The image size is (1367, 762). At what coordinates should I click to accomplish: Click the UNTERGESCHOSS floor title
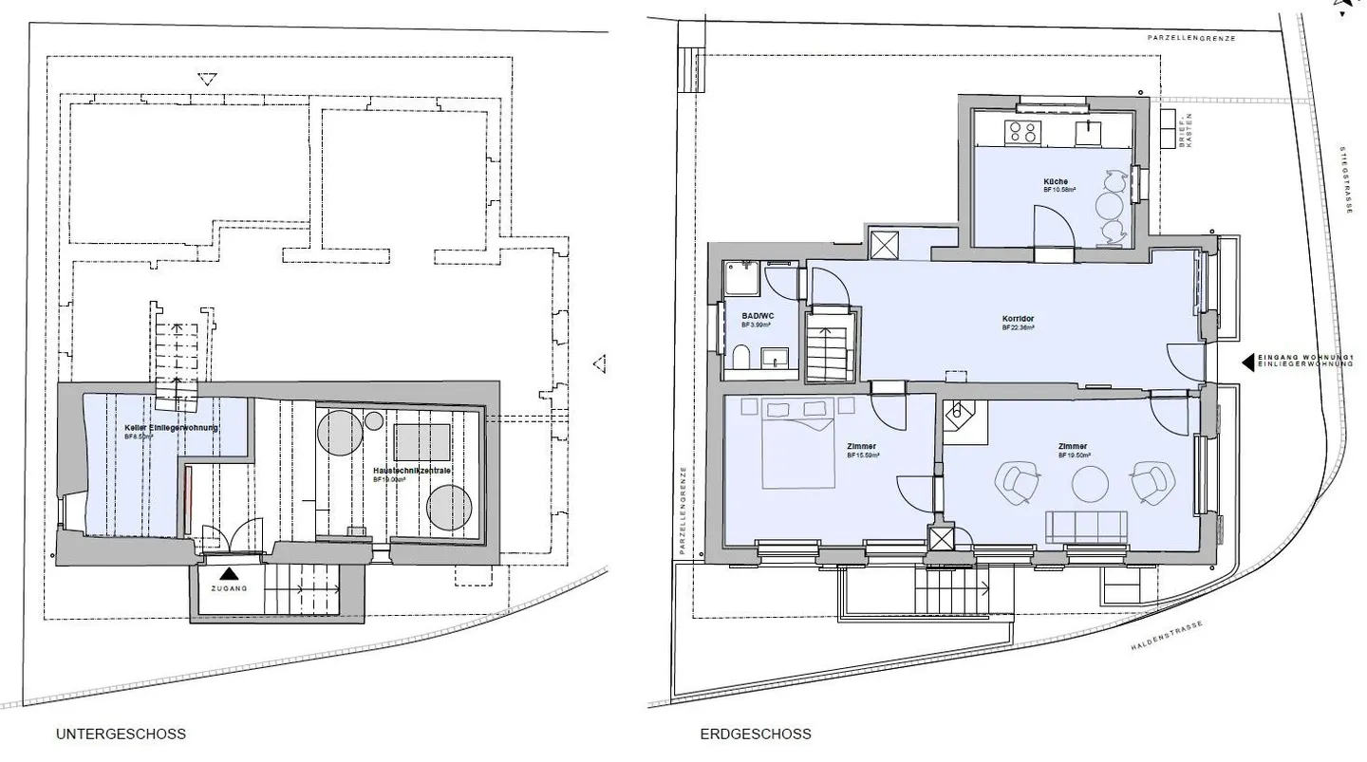point(121,734)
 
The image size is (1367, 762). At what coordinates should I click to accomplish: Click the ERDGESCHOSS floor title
point(756,734)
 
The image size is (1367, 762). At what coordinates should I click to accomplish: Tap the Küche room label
point(1055,181)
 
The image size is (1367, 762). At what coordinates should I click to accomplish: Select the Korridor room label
point(1017,318)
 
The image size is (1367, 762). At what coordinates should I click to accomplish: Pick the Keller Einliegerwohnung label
point(171,428)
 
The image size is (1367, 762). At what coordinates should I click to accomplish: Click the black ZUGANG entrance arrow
point(228,574)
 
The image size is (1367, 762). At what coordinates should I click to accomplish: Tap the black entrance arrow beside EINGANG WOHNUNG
point(1247,362)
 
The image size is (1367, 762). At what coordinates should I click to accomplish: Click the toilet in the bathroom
point(740,359)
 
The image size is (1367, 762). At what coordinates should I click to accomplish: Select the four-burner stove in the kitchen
point(1022,131)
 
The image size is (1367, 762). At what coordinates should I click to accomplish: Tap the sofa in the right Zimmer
point(1086,527)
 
